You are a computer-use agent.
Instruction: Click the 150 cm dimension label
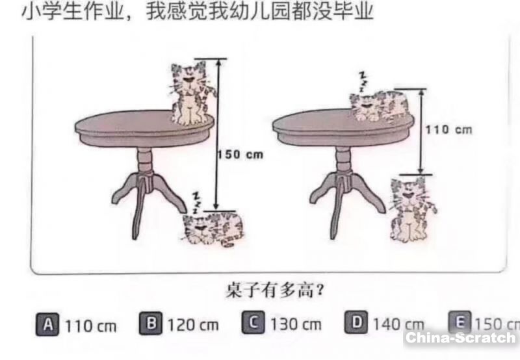240,155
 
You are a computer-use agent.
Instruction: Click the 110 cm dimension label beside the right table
448,129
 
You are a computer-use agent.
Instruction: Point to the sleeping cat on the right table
382,106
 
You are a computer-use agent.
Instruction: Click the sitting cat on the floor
411,209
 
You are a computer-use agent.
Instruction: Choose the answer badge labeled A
47,324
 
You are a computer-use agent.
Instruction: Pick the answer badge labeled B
151,323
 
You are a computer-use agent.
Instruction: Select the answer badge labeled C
253,322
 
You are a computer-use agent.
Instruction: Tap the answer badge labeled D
356,322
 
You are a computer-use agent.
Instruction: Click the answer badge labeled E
460,322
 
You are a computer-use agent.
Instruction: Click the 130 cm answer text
296,324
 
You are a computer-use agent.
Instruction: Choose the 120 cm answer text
193,325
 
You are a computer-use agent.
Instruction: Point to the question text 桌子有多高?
274,290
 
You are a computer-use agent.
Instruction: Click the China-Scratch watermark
461,338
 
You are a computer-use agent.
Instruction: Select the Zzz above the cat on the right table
364,81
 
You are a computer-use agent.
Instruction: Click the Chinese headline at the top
198,11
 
